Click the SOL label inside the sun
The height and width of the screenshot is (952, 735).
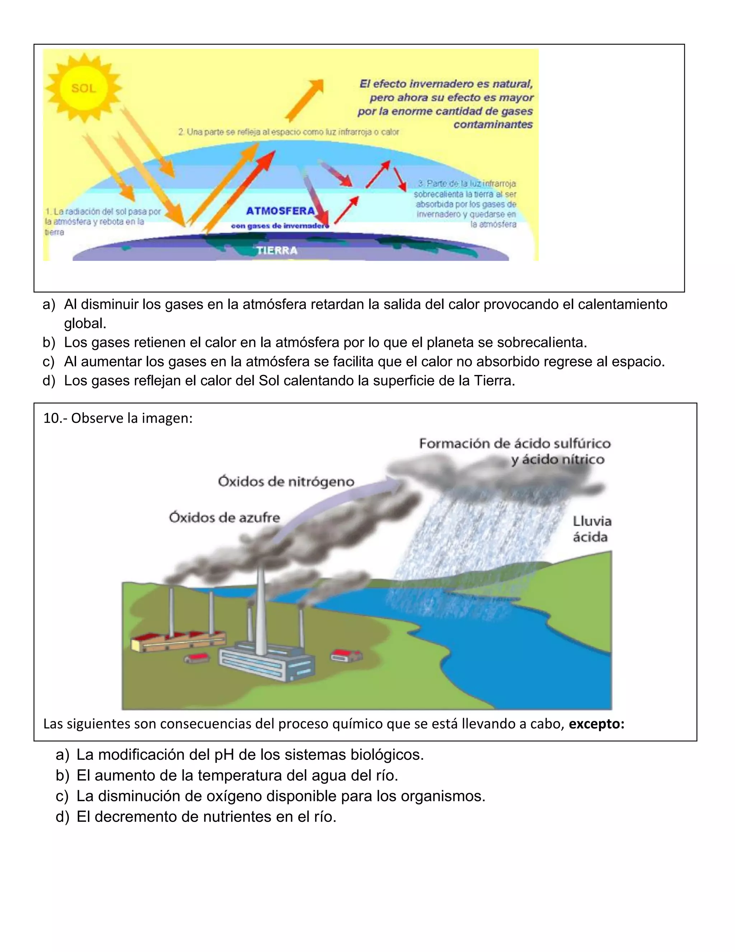(83, 88)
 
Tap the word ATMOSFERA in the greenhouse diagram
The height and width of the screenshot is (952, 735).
(280, 211)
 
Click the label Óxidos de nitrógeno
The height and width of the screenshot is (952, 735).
(286, 482)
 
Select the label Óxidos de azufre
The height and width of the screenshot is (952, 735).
(224, 517)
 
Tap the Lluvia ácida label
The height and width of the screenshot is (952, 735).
(591, 529)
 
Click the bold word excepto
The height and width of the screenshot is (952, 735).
(596, 724)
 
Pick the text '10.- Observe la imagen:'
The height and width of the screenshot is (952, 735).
(118, 418)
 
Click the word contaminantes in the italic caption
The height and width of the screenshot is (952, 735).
(493, 125)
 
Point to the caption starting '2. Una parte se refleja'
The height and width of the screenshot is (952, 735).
(288, 131)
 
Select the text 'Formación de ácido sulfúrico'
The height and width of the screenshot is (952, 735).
(515, 444)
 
